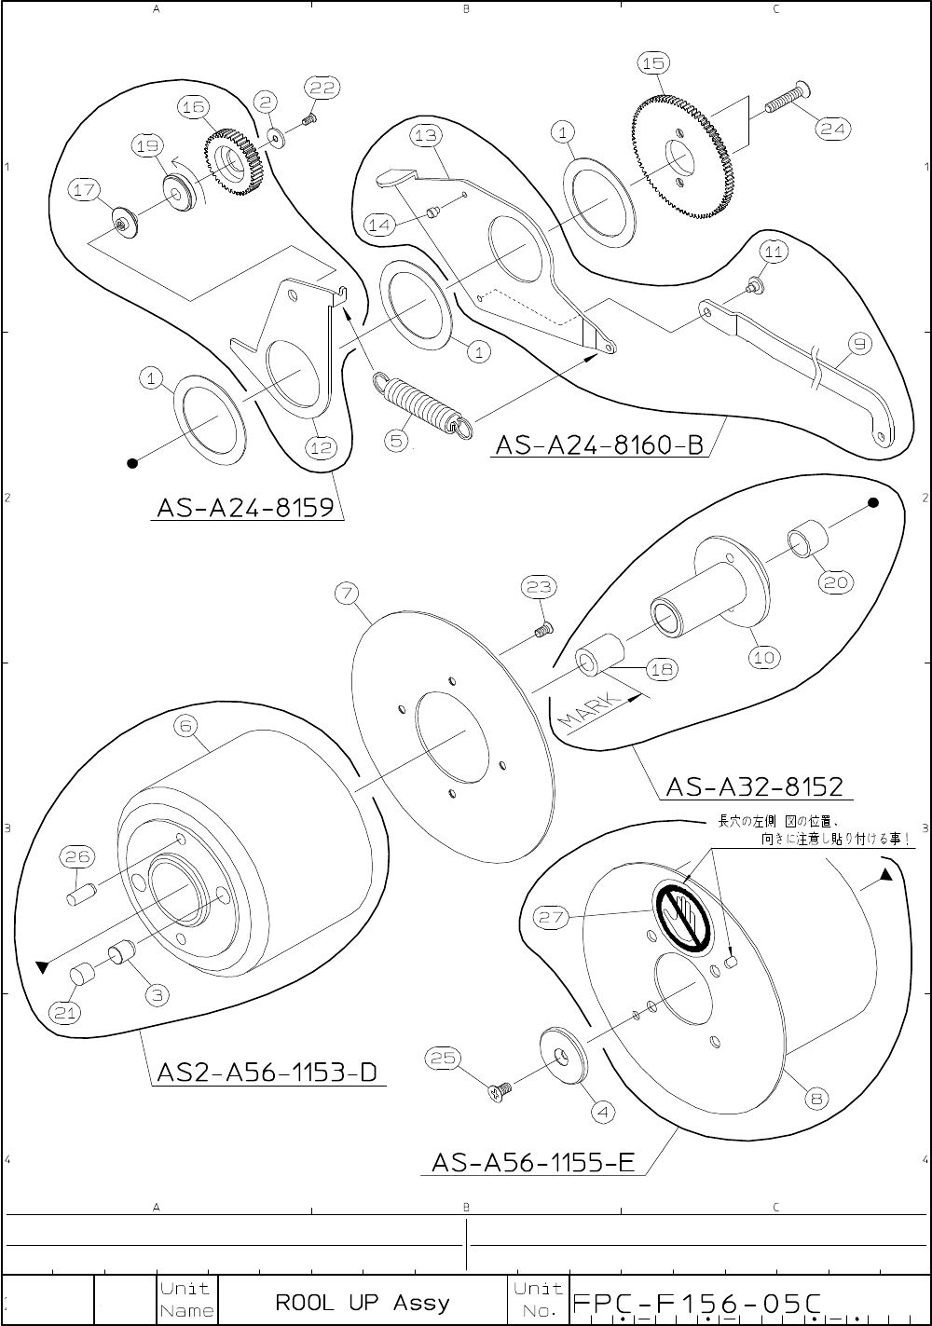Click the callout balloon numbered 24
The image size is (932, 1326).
point(832,130)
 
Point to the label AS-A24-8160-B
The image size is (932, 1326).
point(599,444)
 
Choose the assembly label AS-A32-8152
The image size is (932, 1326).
point(754,787)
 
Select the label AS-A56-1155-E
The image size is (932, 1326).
point(533,1162)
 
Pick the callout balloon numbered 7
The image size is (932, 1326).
point(346,593)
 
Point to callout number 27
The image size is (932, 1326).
point(551,917)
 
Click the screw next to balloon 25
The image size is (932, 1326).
point(501,1088)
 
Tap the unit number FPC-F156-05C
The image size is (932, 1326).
point(697,1303)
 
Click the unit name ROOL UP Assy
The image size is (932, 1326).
point(363,1302)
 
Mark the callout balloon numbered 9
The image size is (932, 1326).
point(859,345)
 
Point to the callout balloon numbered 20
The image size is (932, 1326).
point(833,581)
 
